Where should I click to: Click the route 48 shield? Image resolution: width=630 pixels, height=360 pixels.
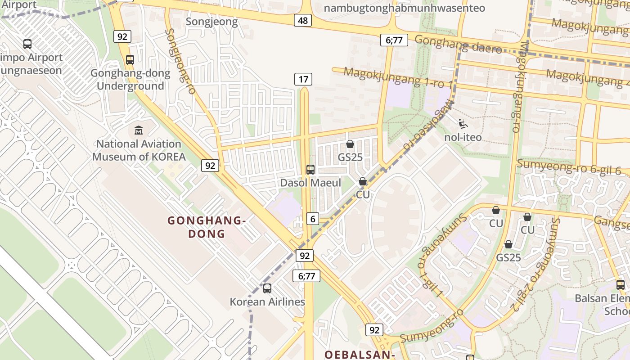(x=303, y=20)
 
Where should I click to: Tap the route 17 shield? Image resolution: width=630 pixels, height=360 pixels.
(x=303, y=80)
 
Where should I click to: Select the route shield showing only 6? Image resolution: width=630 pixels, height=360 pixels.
(x=313, y=219)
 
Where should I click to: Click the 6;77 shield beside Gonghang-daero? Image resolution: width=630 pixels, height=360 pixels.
(x=394, y=40)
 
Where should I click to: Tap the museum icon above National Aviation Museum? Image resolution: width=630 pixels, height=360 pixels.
(x=139, y=130)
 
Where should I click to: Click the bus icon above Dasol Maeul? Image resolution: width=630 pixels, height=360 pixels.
(x=310, y=170)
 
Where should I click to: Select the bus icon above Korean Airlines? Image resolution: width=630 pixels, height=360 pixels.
(x=267, y=288)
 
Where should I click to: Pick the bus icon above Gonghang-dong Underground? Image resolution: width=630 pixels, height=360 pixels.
(x=130, y=59)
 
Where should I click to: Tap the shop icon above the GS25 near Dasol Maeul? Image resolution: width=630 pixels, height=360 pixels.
(x=350, y=144)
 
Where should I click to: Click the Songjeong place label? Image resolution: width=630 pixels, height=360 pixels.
(x=211, y=22)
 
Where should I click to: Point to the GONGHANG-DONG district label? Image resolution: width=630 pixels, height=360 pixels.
(x=206, y=227)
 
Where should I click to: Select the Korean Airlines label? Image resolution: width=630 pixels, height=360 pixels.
(x=267, y=302)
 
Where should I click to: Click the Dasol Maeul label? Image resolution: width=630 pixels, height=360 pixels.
(x=310, y=183)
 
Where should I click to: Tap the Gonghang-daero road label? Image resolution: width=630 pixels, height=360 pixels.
(x=458, y=44)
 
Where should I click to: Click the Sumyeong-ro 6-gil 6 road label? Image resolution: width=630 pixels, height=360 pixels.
(x=569, y=167)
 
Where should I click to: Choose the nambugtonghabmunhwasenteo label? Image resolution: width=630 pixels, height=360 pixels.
(x=404, y=8)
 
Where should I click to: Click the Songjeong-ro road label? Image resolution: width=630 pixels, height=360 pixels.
(x=180, y=61)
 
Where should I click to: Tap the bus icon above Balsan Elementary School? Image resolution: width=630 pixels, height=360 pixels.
(x=621, y=284)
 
